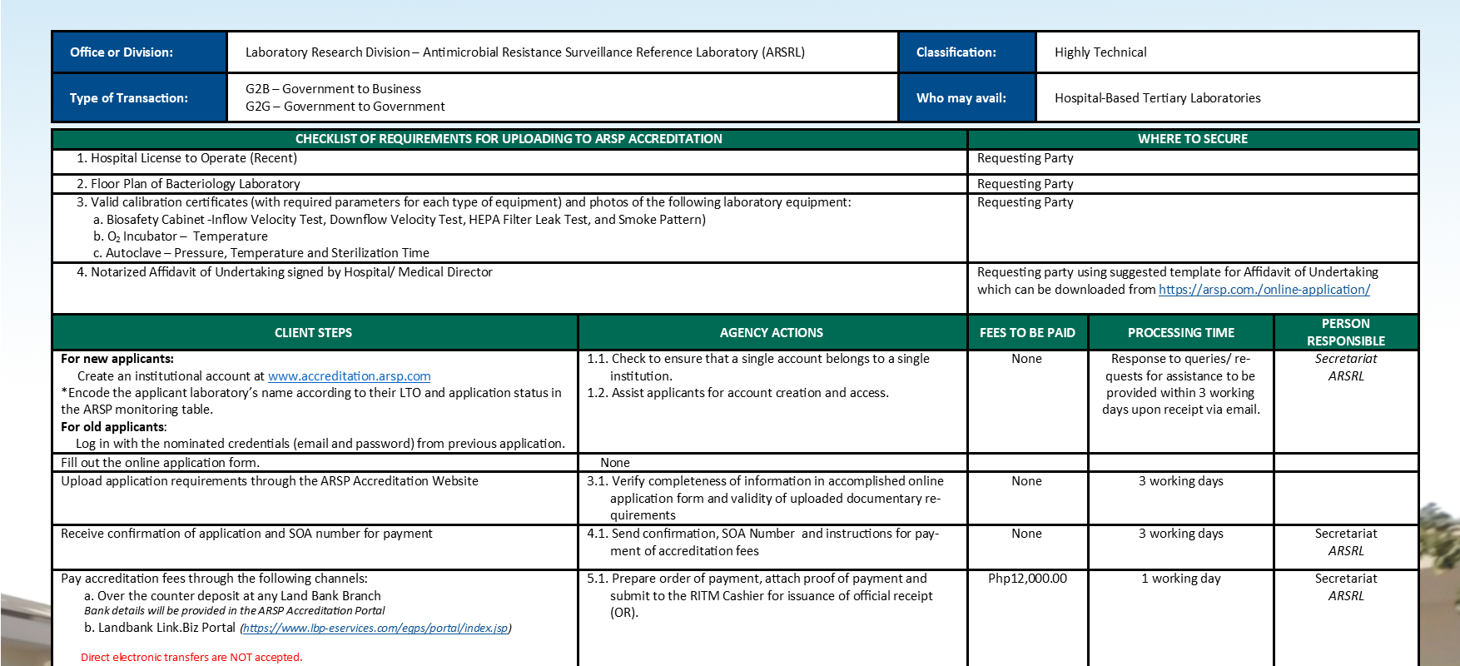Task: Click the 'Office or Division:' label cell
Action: tap(122, 52)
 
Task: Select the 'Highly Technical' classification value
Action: tap(1100, 52)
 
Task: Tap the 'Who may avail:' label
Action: tap(961, 98)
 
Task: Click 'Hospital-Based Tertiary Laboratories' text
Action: tap(1157, 98)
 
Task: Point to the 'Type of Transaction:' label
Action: tap(128, 98)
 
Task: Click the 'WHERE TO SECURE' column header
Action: tap(1192, 139)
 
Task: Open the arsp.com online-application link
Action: tap(1264, 290)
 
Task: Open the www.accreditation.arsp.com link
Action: tap(349, 376)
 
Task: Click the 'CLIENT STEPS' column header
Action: tap(313, 333)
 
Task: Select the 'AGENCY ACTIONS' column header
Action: tap(771, 333)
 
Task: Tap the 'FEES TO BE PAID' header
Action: tap(1027, 333)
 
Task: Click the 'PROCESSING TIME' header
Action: tap(1180, 333)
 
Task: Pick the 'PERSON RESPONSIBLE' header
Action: tap(1345, 332)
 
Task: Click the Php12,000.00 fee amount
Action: tap(1027, 579)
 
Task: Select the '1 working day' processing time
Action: tap(1180, 579)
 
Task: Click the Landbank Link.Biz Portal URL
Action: tap(375, 629)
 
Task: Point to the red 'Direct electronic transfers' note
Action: tap(191, 658)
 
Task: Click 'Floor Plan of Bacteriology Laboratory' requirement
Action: tap(195, 184)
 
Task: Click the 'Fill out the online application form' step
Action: tap(160, 463)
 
